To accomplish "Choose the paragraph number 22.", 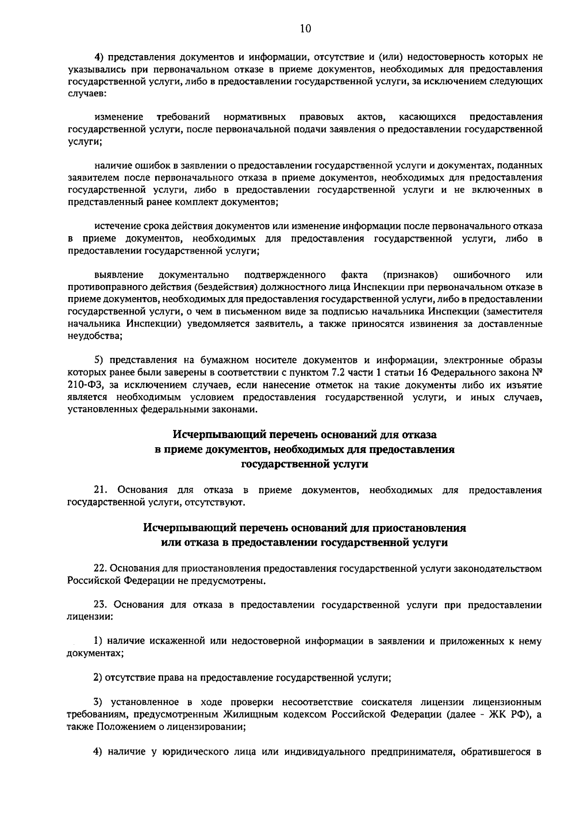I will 100,568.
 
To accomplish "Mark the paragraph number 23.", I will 100,605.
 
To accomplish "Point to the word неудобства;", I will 95,336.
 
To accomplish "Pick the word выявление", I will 119,275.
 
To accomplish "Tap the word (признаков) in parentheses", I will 410,275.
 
